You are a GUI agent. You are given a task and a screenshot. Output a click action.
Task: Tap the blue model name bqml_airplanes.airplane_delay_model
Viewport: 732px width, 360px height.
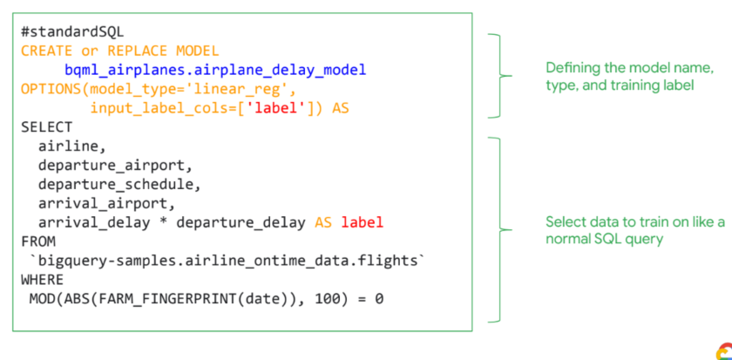click(214, 70)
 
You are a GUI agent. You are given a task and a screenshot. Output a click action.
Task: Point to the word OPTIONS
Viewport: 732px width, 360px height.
click(51, 89)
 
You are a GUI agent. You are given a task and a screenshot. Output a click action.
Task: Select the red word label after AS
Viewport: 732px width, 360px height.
click(362, 222)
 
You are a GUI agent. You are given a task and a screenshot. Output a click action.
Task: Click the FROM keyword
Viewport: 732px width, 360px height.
click(37, 241)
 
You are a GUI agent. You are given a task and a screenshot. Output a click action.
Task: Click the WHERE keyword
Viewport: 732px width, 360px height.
click(42, 279)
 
